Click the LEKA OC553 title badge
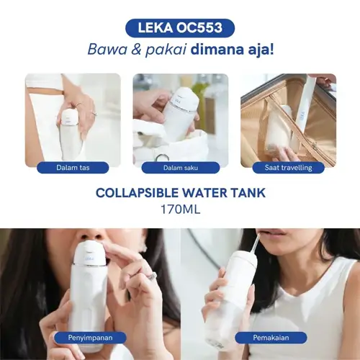[x=180, y=28]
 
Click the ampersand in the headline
[x=136, y=50]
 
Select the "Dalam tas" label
[x=73, y=168]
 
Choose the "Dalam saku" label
[x=181, y=168]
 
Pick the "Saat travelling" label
[x=288, y=168]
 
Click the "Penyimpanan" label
[x=90, y=338]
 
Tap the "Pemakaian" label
[x=271, y=338]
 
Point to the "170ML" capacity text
[x=180, y=210]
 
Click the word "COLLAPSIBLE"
[x=137, y=193]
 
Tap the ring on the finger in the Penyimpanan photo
[x=151, y=275]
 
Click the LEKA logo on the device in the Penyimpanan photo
[x=89, y=258]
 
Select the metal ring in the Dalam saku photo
[x=163, y=158]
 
